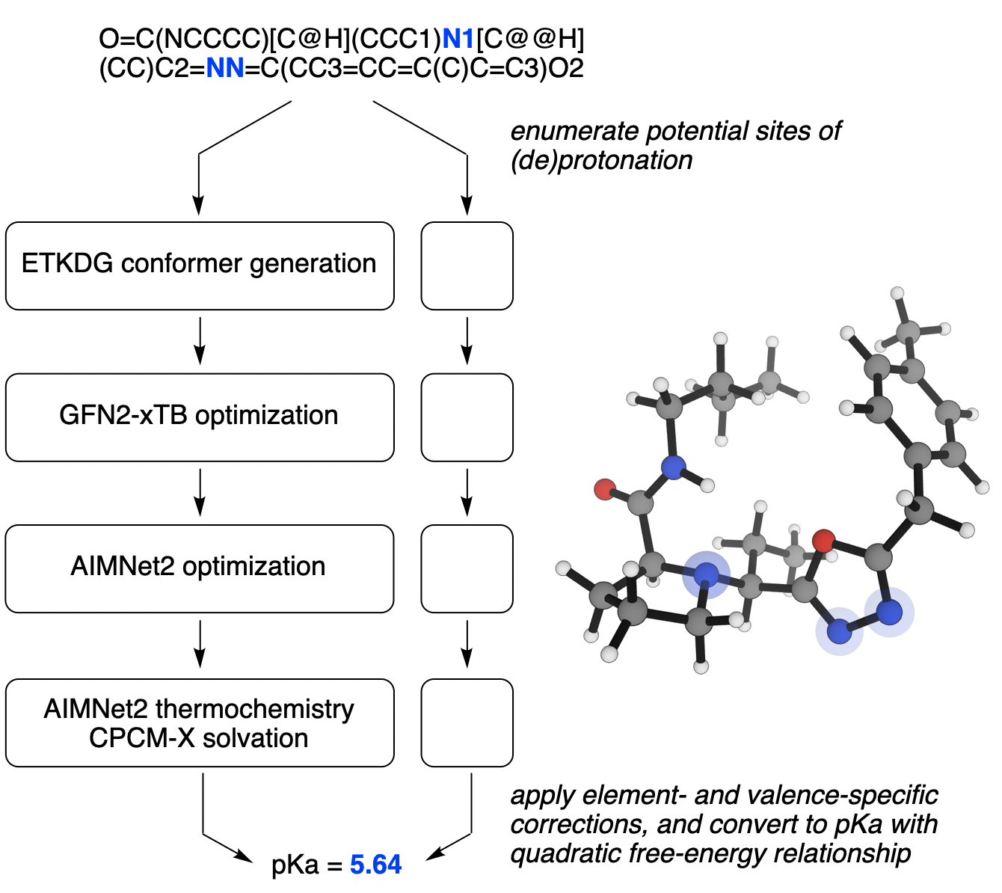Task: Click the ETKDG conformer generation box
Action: [200, 266]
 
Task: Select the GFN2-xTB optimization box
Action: [200, 417]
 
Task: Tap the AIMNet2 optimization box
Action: [200, 568]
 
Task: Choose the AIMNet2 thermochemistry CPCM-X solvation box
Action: [200, 722]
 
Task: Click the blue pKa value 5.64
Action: [375, 865]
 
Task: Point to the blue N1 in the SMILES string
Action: [458, 39]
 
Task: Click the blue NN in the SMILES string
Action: [225, 69]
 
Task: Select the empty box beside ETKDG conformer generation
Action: [467, 266]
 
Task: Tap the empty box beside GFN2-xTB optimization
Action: [467, 417]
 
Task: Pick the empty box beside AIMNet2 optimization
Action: [467, 568]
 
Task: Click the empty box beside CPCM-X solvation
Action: [467, 722]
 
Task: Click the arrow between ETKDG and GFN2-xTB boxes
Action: [199, 341]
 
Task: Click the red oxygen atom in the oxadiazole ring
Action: [823, 540]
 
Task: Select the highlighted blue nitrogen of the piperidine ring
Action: [706, 574]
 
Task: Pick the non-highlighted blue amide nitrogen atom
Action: [674, 468]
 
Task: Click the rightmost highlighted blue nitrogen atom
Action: [889, 613]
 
